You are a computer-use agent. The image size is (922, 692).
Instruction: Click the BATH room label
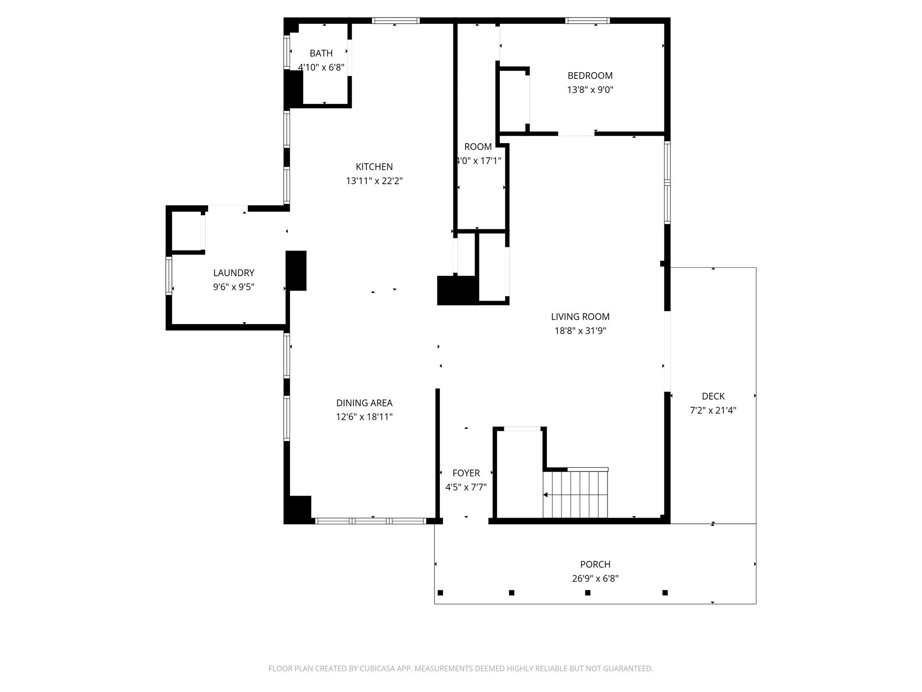coord(321,53)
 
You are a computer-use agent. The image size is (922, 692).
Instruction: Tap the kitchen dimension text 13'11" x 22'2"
coord(374,181)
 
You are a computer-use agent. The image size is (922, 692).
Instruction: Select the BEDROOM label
coord(590,76)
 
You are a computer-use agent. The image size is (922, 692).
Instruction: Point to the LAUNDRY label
coord(234,273)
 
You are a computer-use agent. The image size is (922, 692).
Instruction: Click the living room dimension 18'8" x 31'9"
coord(580,331)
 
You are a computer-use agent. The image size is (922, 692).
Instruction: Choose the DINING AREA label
coord(364,403)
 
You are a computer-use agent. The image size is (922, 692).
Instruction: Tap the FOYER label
coord(466,473)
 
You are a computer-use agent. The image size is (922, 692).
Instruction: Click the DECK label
coord(713,396)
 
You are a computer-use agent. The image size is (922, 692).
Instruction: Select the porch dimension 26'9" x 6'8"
coord(595,578)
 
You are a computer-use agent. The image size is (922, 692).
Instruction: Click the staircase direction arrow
coord(546,495)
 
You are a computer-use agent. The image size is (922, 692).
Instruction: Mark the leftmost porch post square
coord(440,592)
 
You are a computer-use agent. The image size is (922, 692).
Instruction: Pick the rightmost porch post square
coord(665,592)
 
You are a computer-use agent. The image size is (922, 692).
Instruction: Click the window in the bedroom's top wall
coord(588,20)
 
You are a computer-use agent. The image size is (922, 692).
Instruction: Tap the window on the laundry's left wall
coord(169,275)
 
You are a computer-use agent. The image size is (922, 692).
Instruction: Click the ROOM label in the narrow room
coord(478,147)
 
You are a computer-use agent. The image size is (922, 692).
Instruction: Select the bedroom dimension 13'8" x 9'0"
coord(590,90)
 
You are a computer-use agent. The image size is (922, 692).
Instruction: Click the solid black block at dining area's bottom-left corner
coord(298,509)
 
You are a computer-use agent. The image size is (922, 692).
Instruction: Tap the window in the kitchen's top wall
coord(396,20)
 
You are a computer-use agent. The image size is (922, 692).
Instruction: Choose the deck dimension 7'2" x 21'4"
coord(713,410)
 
